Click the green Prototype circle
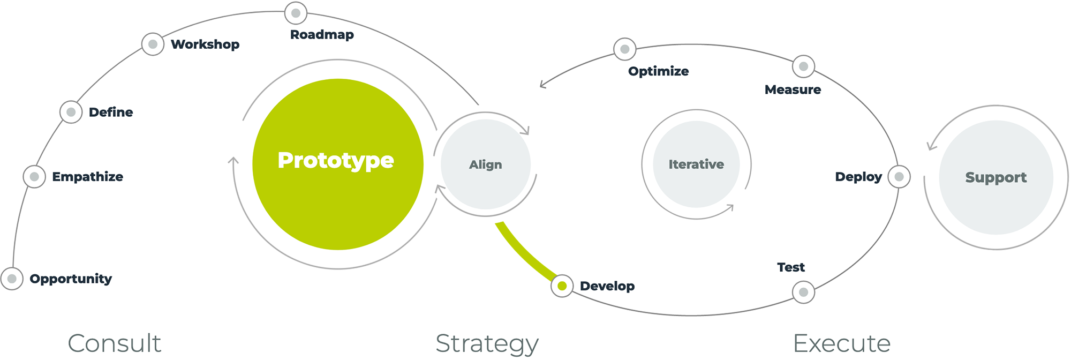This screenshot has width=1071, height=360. pyautogui.click(x=338, y=164)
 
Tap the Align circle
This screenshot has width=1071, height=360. pyautogui.click(x=486, y=164)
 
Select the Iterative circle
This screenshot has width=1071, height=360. pyautogui.click(x=696, y=164)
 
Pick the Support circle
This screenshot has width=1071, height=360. pyautogui.click(x=996, y=177)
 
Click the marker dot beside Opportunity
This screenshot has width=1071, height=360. pyautogui.click(x=12, y=279)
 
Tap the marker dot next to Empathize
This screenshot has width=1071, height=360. pyautogui.click(x=34, y=177)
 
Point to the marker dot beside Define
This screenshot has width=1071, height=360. pyautogui.click(x=71, y=112)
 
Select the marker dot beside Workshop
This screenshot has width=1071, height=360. pyautogui.click(x=153, y=44)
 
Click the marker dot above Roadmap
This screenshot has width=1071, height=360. pyautogui.click(x=296, y=13)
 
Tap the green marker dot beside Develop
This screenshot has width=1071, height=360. pyautogui.click(x=562, y=286)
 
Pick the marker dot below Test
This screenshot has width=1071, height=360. pyautogui.click(x=803, y=292)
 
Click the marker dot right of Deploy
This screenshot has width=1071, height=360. pyautogui.click(x=899, y=177)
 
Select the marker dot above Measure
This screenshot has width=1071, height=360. pyautogui.click(x=803, y=66)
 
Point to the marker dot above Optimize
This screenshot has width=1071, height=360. pyautogui.click(x=624, y=49)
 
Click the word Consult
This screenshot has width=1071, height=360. pyautogui.click(x=114, y=343)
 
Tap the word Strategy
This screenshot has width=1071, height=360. pyautogui.click(x=487, y=343)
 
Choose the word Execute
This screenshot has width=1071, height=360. pyautogui.click(x=841, y=343)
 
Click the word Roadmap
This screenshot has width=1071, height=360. pyautogui.click(x=322, y=35)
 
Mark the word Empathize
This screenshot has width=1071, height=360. pyautogui.click(x=87, y=177)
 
